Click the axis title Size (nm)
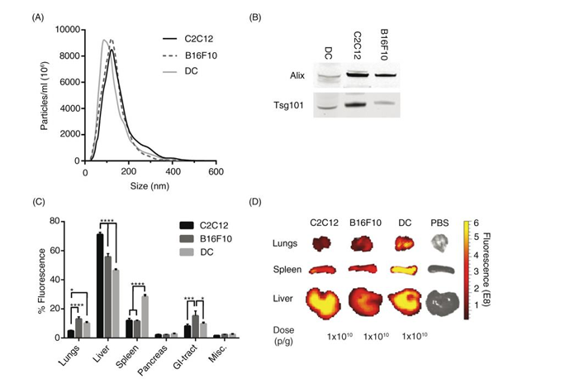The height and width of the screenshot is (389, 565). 150,187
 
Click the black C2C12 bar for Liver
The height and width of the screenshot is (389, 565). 99,286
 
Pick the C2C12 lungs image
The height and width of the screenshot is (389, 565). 321,243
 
